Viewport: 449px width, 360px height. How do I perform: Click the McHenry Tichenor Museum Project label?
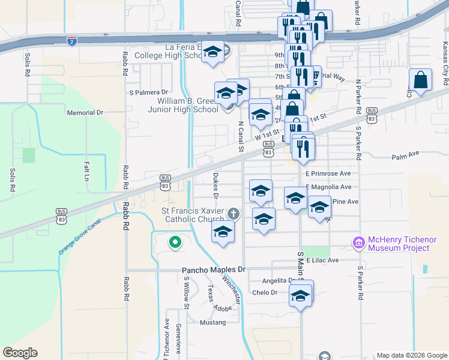point(399,244)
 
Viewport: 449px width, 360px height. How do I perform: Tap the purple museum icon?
point(359,243)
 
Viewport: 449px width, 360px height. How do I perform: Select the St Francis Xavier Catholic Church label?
point(193,215)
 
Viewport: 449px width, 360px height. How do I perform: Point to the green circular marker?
point(175,243)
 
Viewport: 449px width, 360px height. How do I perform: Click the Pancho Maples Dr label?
point(214,270)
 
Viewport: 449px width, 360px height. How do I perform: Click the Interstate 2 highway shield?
point(71,40)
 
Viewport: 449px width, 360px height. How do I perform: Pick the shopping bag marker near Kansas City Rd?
point(421,80)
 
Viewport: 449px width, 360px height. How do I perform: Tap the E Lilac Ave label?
point(322,260)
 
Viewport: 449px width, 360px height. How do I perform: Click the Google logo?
point(20,353)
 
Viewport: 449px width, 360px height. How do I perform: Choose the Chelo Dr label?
point(265,293)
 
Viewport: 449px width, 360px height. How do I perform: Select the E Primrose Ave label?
point(328,173)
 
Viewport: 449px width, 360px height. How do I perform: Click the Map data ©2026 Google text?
point(410,355)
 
